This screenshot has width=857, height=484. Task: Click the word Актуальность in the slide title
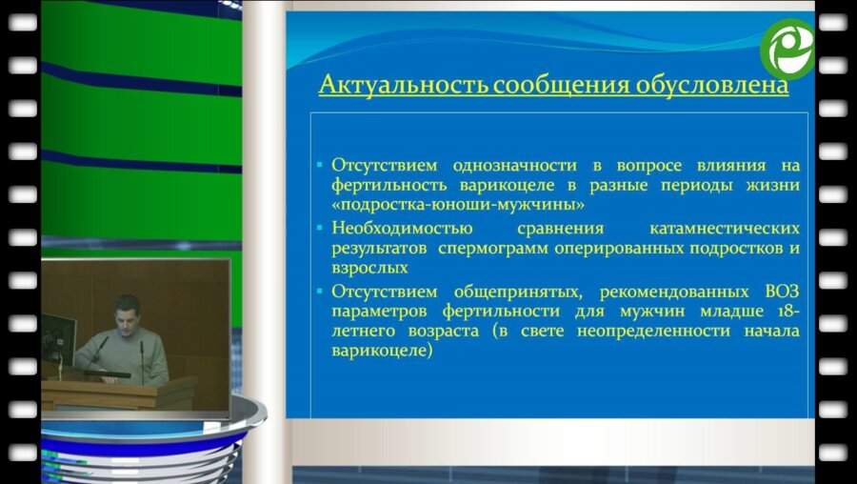point(402,85)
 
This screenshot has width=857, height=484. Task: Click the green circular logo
point(787,50)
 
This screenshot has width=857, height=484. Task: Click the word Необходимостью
point(402,228)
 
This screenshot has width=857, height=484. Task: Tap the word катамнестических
point(725,228)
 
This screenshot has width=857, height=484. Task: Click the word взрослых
point(369,269)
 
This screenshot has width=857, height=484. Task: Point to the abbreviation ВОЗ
point(782,292)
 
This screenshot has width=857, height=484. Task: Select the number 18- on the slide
point(785,312)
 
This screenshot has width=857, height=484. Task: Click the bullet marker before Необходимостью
point(320,227)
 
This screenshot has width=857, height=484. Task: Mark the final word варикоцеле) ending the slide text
point(382,351)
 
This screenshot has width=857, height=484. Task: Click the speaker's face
point(128,312)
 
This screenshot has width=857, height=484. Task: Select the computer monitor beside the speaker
point(58,339)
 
